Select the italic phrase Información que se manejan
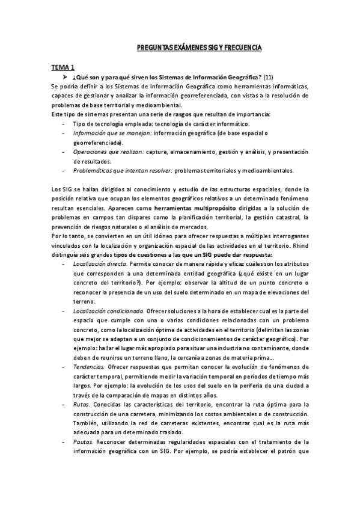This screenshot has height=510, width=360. [104, 132]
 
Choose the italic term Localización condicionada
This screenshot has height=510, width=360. [108, 311]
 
